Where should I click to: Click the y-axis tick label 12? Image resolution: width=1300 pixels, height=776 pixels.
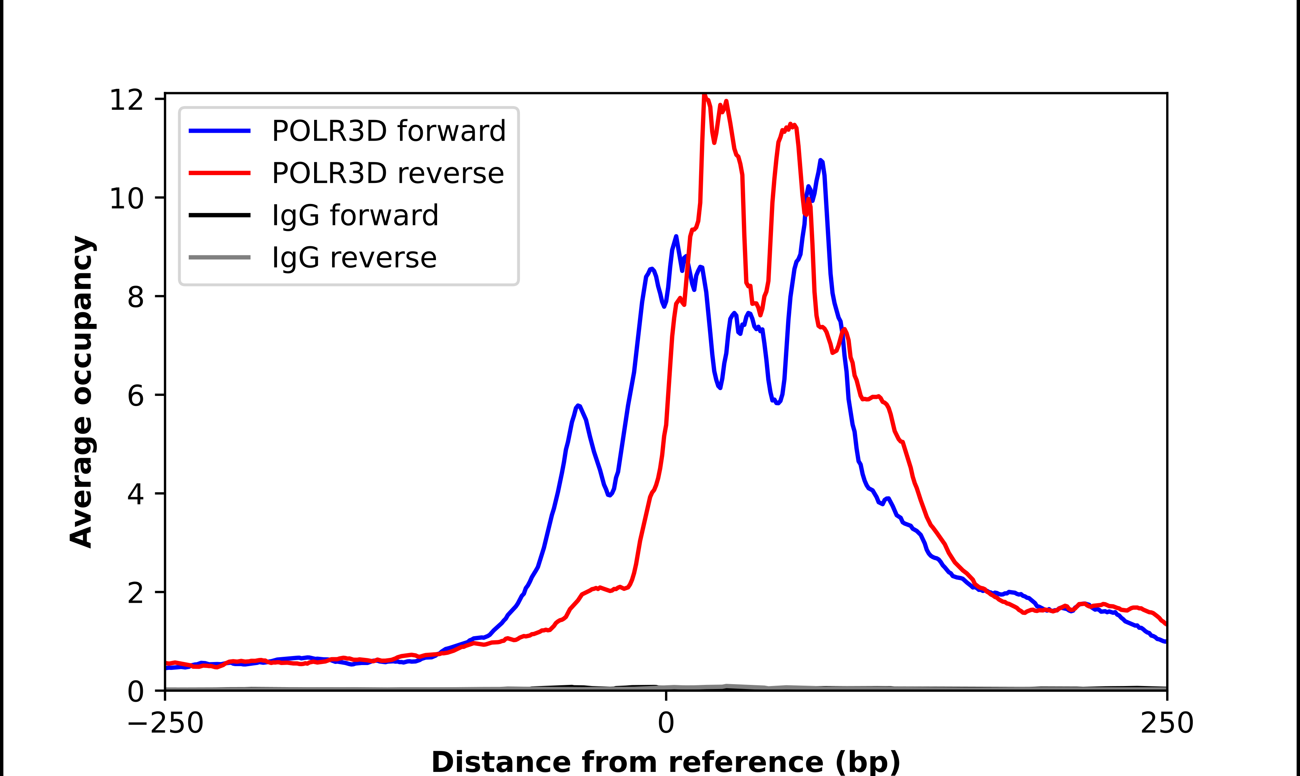pos(126,100)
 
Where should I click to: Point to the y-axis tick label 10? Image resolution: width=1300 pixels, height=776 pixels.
pos(126,199)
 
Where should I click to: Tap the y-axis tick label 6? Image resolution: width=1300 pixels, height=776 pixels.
pos(135,396)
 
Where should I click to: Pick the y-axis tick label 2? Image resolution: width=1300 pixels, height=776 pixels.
pos(135,593)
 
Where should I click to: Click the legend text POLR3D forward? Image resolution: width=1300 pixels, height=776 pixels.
pos(388,131)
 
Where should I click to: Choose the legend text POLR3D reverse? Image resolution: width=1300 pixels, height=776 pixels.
pos(387,173)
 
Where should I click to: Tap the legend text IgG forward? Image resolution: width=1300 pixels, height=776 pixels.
pos(355,216)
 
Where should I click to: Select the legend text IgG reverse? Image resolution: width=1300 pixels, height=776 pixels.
pos(354,258)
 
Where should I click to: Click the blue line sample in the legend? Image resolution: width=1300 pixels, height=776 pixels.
pos(220,131)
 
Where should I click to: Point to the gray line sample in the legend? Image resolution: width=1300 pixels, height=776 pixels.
pos(220,257)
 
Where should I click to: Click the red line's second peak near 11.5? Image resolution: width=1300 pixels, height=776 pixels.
pos(790,124)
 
